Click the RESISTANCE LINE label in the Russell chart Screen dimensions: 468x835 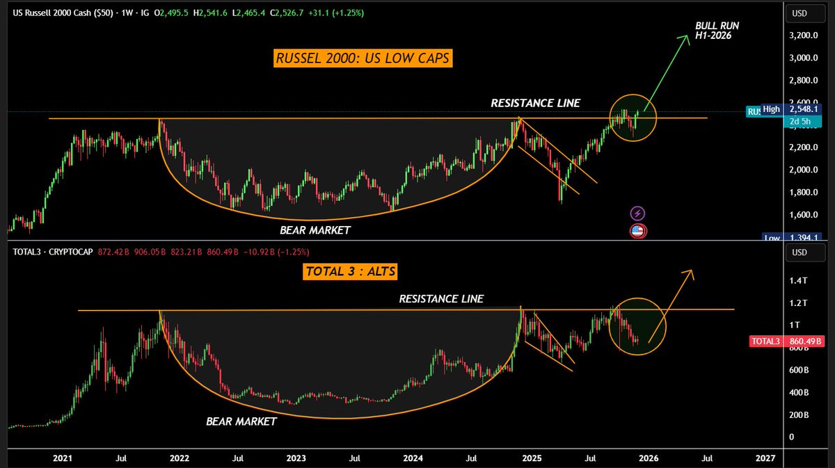tap(535, 103)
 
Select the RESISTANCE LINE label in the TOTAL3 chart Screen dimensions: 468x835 tap(440, 299)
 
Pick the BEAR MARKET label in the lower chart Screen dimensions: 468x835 tap(241, 421)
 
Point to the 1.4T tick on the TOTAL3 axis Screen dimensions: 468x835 tap(798, 280)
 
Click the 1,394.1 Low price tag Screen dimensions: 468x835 tap(804, 238)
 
